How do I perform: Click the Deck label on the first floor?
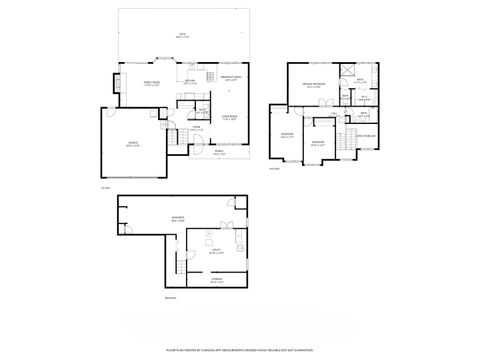(x=182, y=36)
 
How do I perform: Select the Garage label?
(x=133, y=144)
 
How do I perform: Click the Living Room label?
(x=229, y=118)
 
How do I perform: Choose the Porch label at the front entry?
(x=219, y=153)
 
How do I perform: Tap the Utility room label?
(x=214, y=253)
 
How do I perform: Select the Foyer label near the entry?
(x=197, y=127)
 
